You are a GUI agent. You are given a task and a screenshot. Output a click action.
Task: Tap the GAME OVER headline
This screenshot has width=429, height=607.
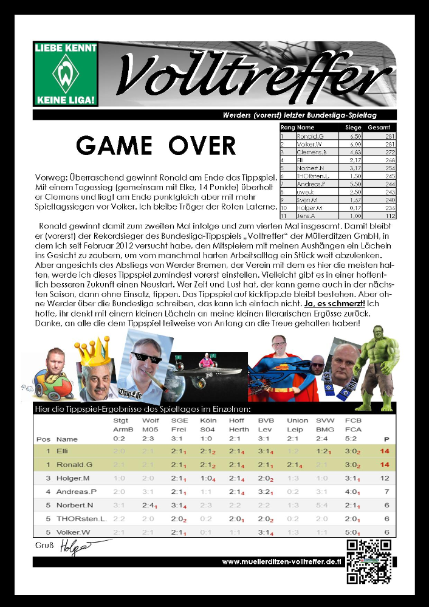coord(156,146)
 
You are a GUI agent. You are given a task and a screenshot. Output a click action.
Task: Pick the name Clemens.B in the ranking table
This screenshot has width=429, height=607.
coord(311,152)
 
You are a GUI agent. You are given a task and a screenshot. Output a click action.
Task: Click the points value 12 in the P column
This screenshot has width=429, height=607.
coord(384,478)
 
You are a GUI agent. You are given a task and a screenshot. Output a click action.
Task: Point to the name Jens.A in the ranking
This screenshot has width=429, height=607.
coord(307,215)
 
